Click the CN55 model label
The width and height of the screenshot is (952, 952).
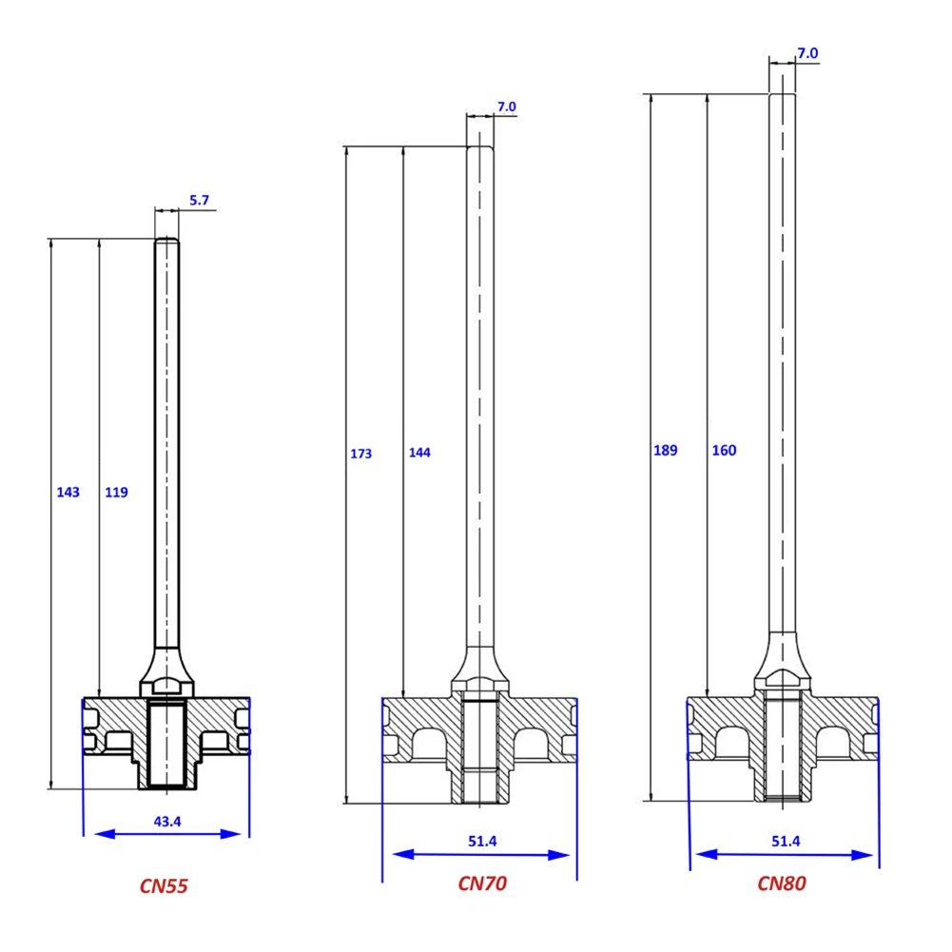[x=164, y=886]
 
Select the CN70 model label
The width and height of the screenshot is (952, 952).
[x=482, y=884]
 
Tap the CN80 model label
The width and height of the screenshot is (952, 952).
[x=782, y=884]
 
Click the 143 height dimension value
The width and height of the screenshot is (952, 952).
[x=68, y=493]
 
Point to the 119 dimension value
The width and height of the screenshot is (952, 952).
[x=116, y=493]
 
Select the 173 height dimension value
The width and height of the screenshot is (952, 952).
[x=360, y=454]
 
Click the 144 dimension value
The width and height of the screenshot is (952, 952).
[x=418, y=453]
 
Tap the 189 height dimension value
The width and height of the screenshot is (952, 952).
[x=665, y=451]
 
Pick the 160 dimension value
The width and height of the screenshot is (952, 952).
[x=724, y=451]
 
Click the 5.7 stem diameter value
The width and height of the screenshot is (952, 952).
[x=199, y=201]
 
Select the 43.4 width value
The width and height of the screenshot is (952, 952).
[x=166, y=821]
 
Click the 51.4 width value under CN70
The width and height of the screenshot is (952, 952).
[x=483, y=841]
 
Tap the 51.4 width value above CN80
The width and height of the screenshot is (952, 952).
[x=786, y=841]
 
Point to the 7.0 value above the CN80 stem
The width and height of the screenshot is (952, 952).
[x=806, y=54]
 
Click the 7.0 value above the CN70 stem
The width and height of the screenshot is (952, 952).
[x=506, y=107]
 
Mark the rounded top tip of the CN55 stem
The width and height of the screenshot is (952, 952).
[x=166, y=241]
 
